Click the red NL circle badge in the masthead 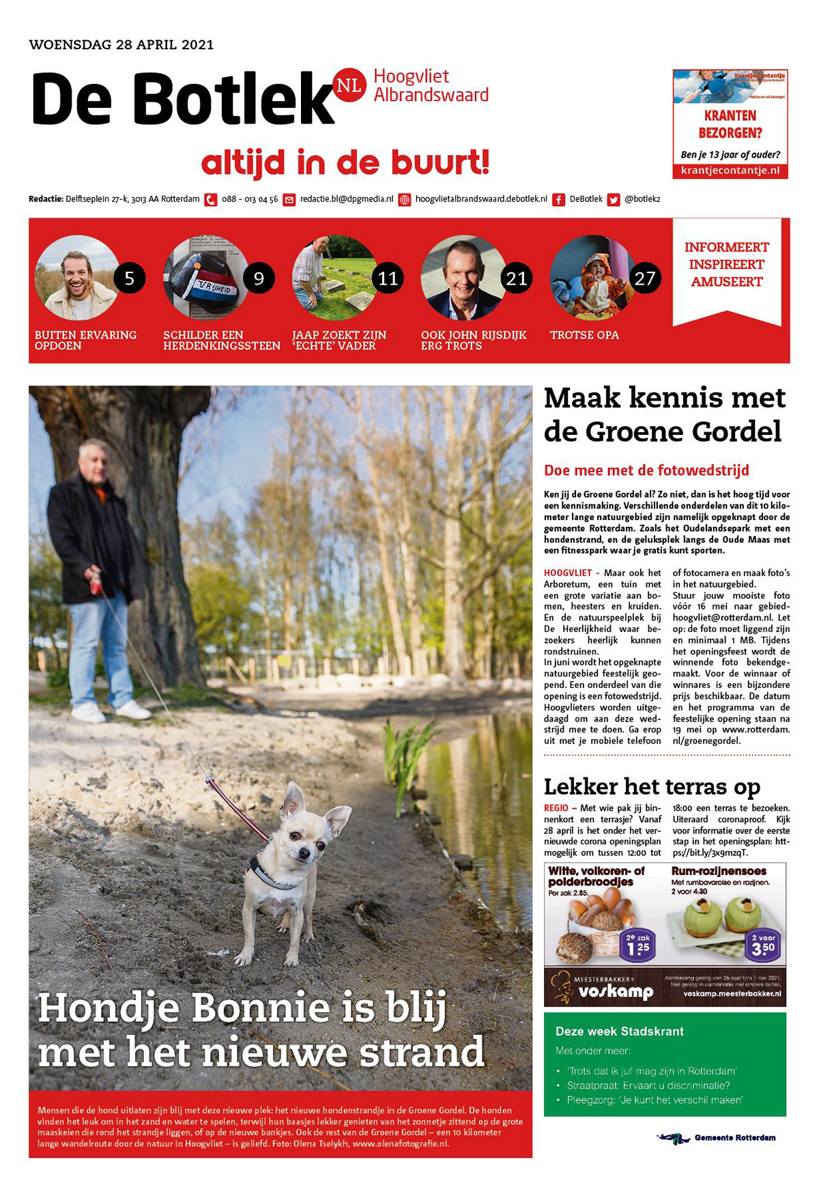click(x=349, y=85)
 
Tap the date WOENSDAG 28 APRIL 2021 click(x=121, y=45)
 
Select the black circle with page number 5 click(x=130, y=278)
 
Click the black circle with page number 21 click(x=517, y=278)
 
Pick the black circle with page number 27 click(x=645, y=278)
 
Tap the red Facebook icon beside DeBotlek click(x=558, y=200)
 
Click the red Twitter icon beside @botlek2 click(x=614, y=200)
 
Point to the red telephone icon click(x=211, y=200)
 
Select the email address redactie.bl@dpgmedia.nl click(x=347, y=199)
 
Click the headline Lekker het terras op click(x=652, y=786)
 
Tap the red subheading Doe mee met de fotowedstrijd click(x=646, y=470)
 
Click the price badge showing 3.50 click(x=763, y=945)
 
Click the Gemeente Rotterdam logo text click(x=734, y=1138)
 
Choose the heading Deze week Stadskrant click(x=620, y=1031)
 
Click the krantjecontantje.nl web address click(x=730, y=171)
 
